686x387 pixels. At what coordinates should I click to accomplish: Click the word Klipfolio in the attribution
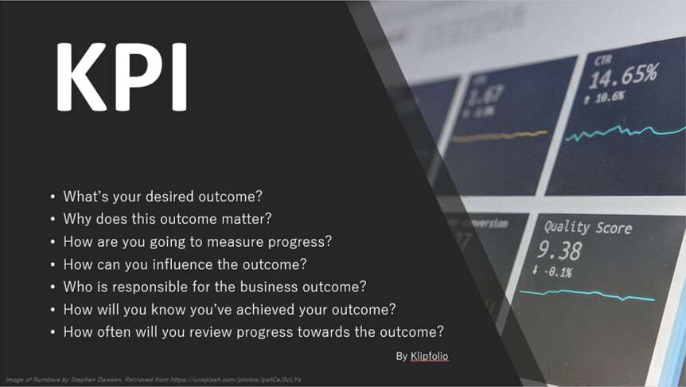click(x=429, y=356)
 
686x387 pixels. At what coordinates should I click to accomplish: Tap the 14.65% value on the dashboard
click(x=622, y=77)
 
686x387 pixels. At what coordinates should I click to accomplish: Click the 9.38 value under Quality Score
click(x=559, y=252)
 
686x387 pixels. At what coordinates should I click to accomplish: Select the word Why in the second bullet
click(x=76, y=218)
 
